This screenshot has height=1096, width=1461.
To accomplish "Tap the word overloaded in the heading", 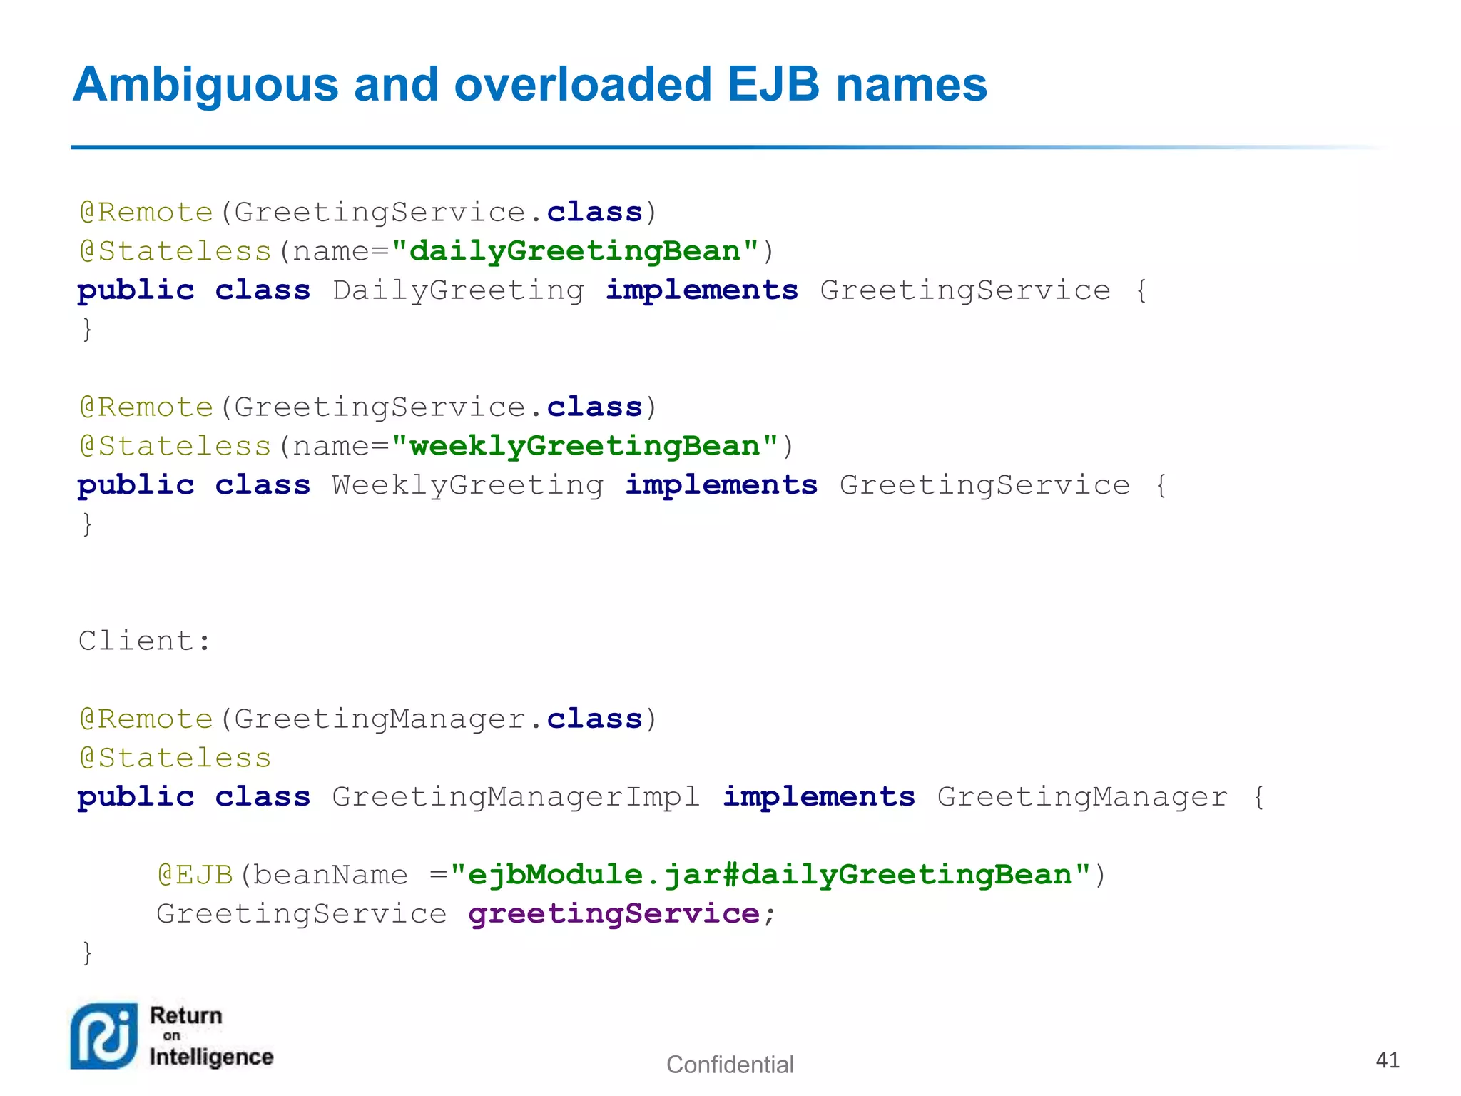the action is (583, 84).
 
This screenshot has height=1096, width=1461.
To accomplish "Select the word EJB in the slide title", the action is (773, 84).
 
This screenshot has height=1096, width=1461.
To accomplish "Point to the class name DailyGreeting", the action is (458, 290).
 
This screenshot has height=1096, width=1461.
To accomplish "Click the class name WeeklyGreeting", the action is (468, 485).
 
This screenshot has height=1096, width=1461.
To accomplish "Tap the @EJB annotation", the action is (195, 875).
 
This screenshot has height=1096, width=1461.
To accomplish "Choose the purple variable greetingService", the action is (614, 914).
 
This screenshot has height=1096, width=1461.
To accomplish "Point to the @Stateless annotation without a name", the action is (175, 758).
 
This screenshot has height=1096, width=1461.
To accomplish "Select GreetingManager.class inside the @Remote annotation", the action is (438, 719).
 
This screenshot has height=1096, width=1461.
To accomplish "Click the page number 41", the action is (1387, 1060).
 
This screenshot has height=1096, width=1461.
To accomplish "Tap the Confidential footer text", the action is (730, 1065).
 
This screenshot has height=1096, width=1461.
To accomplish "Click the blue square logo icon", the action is (104, 1036).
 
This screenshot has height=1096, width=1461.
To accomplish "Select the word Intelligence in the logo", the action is (211, 1057).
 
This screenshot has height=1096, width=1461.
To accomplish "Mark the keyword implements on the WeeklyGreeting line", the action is (721, 485).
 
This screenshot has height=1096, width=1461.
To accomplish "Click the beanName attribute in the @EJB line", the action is (330, 875).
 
